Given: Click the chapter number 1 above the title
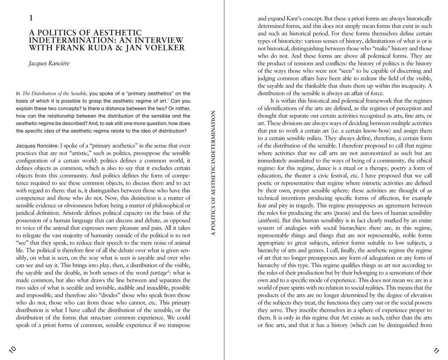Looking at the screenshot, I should pyautogui.click(x=31, y=18).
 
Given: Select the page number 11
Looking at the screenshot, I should pyautogui.click(x=436, y=350).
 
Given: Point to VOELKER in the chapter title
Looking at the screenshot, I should pyautogui.click(x=163, y=48).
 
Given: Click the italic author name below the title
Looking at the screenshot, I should pyautogui.click(x=49, y=63).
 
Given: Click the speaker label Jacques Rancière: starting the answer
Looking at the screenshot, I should pyautogui.click(x=37, y=146).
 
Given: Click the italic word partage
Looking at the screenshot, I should pyautogui.click(x=159, y=273).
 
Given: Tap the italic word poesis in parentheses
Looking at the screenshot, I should pyautogui.click(x=338, y=213).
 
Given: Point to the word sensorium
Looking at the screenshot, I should pyautogui.click(x=406, y=273).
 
